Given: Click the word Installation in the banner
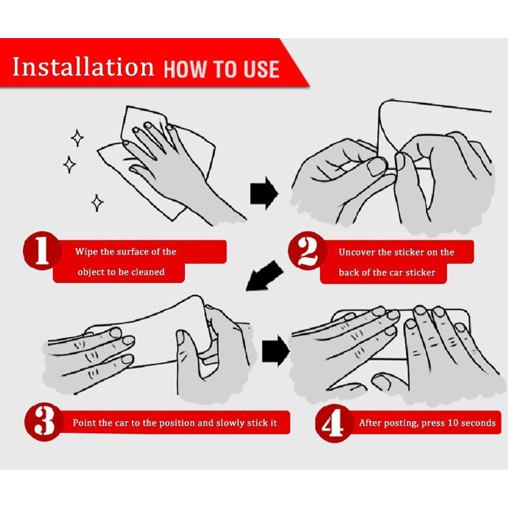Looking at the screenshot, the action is point(83,67).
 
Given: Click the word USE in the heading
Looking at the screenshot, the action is point(261,69).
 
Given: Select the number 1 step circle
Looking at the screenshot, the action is point(42,251).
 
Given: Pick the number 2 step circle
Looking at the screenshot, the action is point(307,251).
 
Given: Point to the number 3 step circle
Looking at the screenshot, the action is point(44,422).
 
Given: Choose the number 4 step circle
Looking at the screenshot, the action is point(334,423).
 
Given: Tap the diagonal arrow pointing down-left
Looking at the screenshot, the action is point(264,276).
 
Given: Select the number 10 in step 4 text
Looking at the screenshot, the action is point(452,423).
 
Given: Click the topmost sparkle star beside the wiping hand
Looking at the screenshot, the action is point(77,138).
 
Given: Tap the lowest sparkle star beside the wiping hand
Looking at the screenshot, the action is point(97,203).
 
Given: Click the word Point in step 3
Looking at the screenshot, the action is point(84,423).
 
